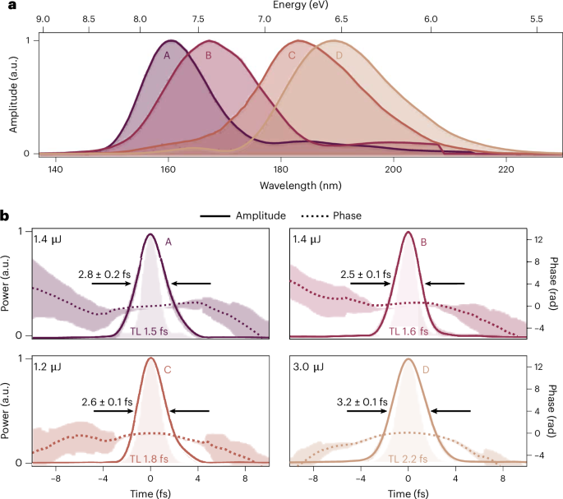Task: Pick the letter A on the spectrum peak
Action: [167, 56]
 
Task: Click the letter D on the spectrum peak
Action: [339, 56]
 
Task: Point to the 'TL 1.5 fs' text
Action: [150, 330]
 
